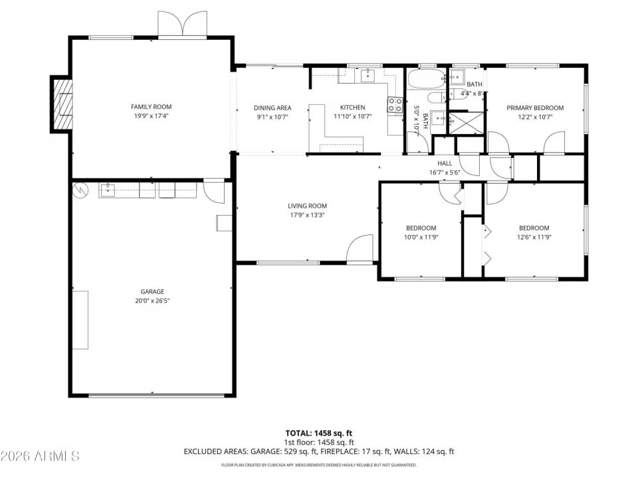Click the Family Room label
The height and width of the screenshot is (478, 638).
point(151,106)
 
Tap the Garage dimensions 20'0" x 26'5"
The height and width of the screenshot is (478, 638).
point(152,300)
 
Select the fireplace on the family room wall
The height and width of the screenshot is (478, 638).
point(62,104)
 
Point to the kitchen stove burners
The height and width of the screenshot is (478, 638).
point(395,104)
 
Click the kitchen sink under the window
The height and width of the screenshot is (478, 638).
point(368,76)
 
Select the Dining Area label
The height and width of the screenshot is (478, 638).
point(272,108)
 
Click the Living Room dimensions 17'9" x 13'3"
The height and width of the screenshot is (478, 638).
point(307,214)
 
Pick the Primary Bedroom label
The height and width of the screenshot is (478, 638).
point(535,108)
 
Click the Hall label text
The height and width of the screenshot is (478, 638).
point(445,163)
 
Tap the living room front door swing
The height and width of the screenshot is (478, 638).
point(360,248)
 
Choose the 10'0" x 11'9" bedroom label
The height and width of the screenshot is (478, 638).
point(421,228)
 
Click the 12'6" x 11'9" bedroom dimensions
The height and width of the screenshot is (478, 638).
point(534,236)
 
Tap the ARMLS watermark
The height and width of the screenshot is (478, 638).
point(41,456)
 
